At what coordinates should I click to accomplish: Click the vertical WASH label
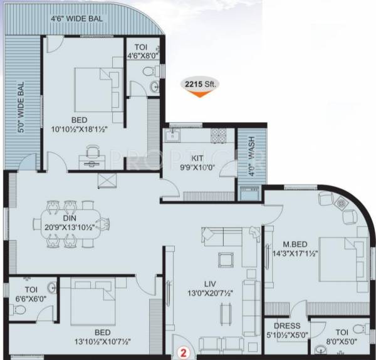coord(251,154)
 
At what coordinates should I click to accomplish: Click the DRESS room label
coord(286,326)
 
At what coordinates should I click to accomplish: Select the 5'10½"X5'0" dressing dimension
coord(286,336)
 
